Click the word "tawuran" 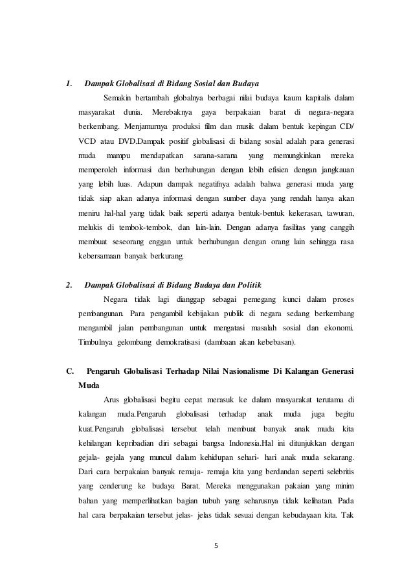click(338, 212)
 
